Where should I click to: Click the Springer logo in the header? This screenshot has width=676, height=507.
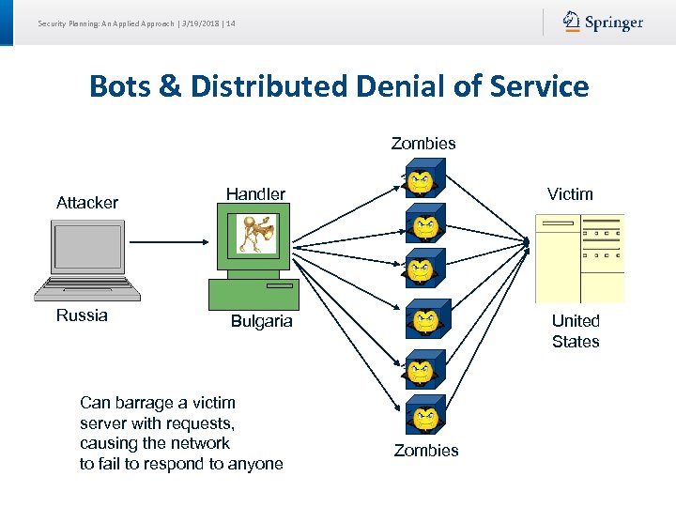[603, 22]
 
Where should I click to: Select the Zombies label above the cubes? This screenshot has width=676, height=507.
[423, 144]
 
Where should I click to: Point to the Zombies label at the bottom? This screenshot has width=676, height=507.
[426, 451]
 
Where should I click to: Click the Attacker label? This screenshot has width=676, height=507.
[87, 203]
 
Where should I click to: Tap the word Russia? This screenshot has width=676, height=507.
[82, 315]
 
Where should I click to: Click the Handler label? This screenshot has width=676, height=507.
[255, 194]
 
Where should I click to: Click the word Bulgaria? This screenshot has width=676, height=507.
[262, 321]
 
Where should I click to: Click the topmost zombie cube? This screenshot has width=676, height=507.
[424, 177]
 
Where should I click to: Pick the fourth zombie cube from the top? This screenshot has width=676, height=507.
[428, 318]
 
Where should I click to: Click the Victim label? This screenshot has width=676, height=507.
[570, 194]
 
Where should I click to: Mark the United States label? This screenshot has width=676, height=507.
[576, 330]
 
